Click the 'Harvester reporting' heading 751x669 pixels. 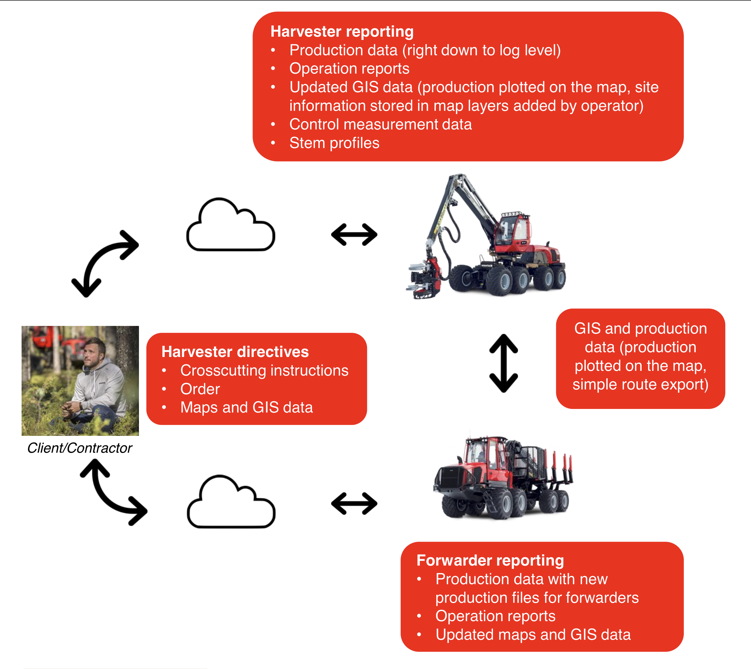pyautogui.click(x=342, y=32)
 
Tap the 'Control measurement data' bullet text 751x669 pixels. pyautogui.click(x=380, y=124)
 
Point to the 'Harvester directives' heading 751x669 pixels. pyautogui.click(x=235, y=352)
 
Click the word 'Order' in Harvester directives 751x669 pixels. pyautogui.click(x=200, y=389)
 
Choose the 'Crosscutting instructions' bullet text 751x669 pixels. pyautogui.click(x=264, y=371)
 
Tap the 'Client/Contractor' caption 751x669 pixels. pyautogui.click(x=80, y=448)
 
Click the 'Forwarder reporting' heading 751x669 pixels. pyautogui.click(x=490, y=561)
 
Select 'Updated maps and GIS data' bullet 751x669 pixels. pyautogui.click(x=533, y=635)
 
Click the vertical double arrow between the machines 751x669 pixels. pyautogui.click(x=504, y=363)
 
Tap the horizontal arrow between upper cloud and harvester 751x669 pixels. pyautogui.click(x=354, y=235)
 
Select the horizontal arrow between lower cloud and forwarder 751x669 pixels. pyautogui.click(x=354, y=504)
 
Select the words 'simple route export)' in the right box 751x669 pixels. pyautogui.click(x=640, y=384)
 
